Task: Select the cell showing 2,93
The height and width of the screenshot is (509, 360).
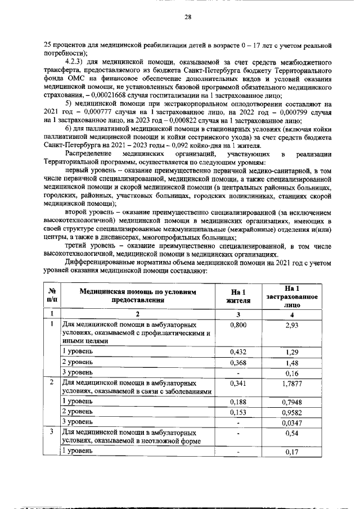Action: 291,326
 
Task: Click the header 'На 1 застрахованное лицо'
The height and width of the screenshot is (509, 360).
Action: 291,295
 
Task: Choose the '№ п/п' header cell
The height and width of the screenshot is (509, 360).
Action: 52,296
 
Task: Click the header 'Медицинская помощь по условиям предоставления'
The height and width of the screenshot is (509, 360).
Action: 139,296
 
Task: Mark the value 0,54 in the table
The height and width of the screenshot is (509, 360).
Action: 291,434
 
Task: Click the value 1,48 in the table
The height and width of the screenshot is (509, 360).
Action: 291,362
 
